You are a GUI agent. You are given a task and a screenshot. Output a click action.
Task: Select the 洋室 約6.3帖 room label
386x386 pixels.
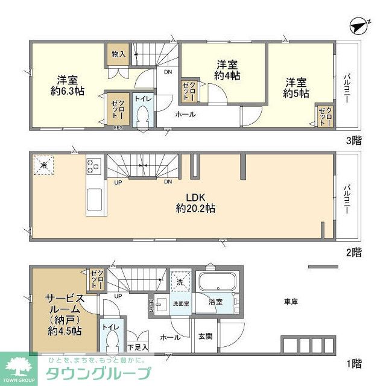point(66,87)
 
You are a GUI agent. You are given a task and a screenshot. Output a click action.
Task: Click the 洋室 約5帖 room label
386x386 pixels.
point(297,87)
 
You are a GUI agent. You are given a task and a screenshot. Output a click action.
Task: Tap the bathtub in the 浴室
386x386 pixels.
point(218,283)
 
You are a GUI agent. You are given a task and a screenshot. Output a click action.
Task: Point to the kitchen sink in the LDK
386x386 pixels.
point(94,201)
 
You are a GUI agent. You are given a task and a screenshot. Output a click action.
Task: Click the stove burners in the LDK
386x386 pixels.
point(94,165)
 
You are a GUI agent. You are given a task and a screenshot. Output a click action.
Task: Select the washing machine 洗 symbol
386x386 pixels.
point(180,282)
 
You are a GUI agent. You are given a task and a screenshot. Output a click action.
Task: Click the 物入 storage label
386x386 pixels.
point(118,54)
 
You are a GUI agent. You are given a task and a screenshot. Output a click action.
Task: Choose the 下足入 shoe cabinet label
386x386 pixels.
point(138,348)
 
